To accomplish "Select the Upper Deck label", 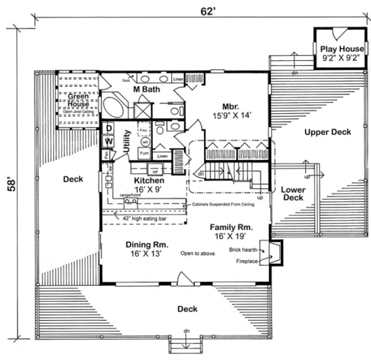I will pyautogui.click(x=327, y=132).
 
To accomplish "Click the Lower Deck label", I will pyautogui.click(x=292, y=194).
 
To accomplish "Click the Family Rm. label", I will pyautogui.click(x=232, y=232).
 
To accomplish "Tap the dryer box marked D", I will pyautogui.click(x=108, y=128).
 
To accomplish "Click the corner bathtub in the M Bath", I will pyautogui.click(x=114, y=106).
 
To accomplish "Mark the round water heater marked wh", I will pyautogui.click(x=145, y=142).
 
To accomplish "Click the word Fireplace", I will pyautogui.click(x=246, y=261).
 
